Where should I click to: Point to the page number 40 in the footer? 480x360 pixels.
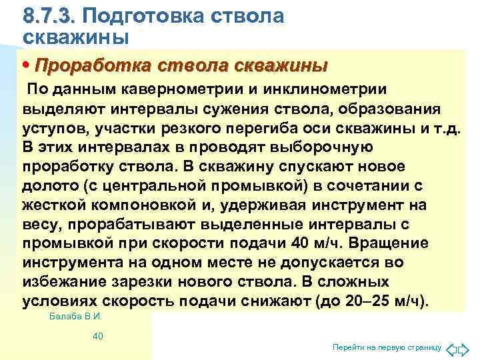(x=98, y=336)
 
